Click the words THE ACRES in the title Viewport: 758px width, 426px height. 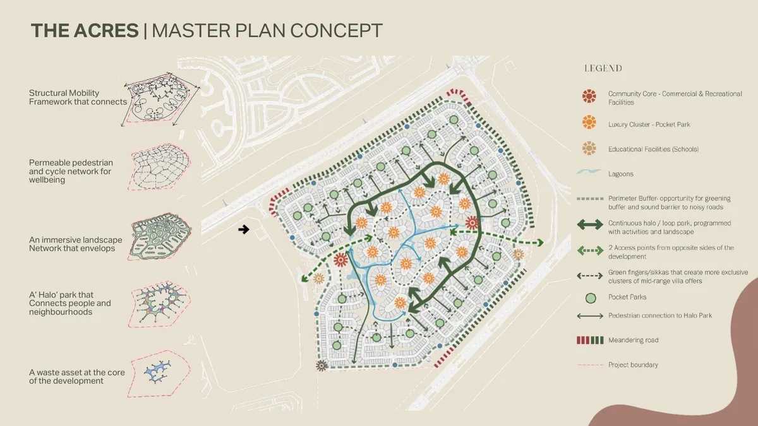84,30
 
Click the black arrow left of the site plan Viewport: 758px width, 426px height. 244,230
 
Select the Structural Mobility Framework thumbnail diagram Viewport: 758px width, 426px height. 164,101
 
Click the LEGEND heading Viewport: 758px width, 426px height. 603,68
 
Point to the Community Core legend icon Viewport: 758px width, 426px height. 589,97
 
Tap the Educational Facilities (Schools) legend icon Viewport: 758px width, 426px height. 589,148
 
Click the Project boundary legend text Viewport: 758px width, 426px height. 632,365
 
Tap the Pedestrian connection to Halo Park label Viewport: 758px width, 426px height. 660,316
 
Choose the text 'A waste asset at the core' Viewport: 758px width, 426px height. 76,372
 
